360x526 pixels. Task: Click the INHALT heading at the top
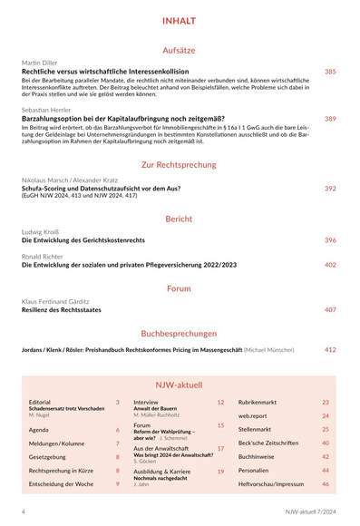179,21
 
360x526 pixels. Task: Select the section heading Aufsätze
179,51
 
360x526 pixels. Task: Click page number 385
330,71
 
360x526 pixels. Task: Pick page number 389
330,118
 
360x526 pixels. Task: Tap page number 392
330,189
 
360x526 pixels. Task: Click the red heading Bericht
179,219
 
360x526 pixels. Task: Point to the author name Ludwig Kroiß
42,232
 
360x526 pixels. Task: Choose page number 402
330,265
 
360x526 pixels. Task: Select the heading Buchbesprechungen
179,333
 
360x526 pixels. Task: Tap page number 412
330,349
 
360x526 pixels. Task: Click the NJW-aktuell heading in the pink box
179,385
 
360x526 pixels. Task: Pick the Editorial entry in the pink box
40,401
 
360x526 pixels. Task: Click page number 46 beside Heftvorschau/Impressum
326,484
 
